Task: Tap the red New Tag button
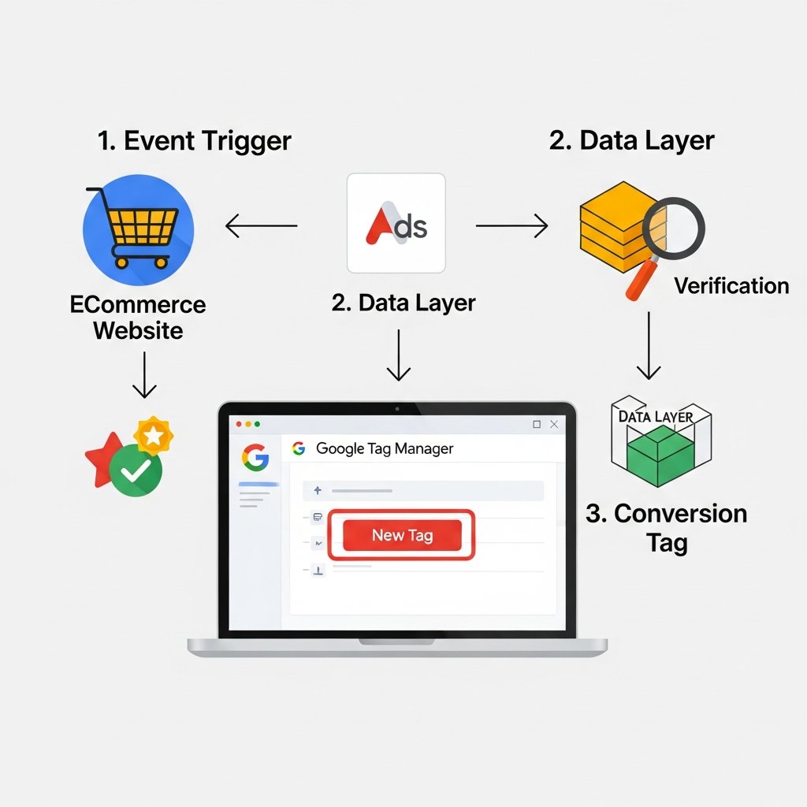(402, 535)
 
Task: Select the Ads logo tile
(396, 224)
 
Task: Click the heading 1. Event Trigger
(194, 141)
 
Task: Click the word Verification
(731, 285)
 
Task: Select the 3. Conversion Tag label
(666, 528)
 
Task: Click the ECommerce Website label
(138, 317)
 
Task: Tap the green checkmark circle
(136, 470)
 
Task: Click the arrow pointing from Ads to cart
(261, 227)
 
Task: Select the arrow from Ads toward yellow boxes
(511, 227)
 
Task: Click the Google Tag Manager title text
(384, 448)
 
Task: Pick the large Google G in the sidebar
(255, 458)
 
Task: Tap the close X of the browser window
(554, 424)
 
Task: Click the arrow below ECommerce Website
(143, 375)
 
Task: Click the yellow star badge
(154, 434)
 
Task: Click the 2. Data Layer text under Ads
(403, 303)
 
